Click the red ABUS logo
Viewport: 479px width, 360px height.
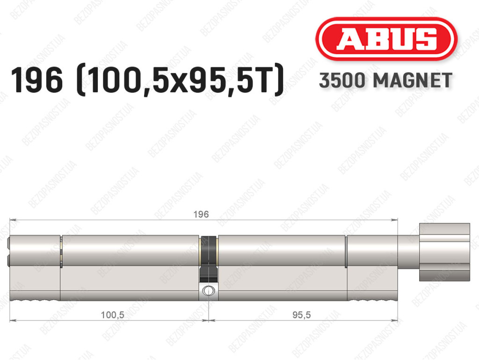[386, 39]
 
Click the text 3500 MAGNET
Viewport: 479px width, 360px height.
[385, 81]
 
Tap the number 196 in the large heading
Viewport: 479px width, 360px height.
[36, 81]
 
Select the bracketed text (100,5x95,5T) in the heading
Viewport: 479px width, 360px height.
[180, 81]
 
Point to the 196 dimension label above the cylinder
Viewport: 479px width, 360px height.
[201, 214]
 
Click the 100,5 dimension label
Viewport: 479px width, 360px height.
[112, 315]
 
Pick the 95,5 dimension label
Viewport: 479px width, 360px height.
[302, 315]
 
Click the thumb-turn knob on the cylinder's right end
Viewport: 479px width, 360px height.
[444, 252]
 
